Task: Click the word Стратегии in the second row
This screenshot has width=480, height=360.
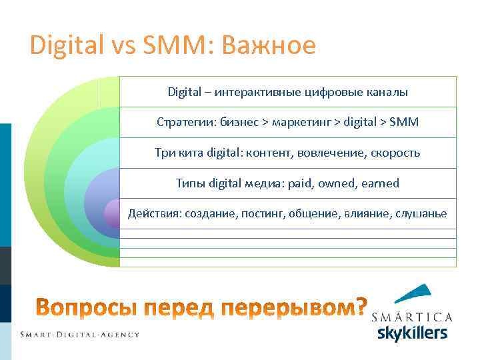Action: click(x=180, y=123)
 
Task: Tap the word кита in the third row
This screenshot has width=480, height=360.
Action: click(x=191, y=153)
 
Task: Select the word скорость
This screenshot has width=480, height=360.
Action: click(x=395, y=153)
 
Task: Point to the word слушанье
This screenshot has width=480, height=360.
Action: click(x=421, y=213)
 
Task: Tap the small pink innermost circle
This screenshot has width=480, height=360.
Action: click(x=112, y=213)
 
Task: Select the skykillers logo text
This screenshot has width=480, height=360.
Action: click(x=412, y=332)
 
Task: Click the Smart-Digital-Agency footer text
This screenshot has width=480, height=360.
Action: click(x=79, y=334)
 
